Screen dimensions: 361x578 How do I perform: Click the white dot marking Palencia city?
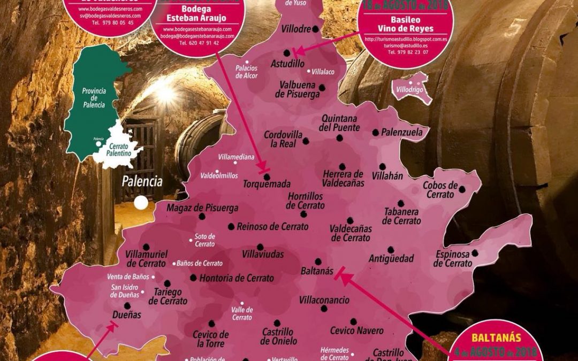tap(141, 203)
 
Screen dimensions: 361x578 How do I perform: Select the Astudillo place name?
tap(287, 63)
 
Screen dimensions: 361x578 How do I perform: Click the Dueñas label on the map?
tap(127, 315)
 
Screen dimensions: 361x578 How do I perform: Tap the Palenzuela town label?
tap(401, 132)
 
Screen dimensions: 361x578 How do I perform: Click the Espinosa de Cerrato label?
tap(453, 259)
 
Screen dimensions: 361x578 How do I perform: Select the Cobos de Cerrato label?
tap(440, 190)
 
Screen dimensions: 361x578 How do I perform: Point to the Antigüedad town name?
tap(391, 259)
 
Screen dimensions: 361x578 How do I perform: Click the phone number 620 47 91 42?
tap(199, 43)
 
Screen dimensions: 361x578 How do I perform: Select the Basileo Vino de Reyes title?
tap(406, 24)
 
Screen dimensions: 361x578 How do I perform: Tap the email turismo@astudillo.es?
tap(406, 46)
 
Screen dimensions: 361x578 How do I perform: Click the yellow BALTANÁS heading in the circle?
tap(496, 338)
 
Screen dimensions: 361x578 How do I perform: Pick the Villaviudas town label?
tap(263, 255)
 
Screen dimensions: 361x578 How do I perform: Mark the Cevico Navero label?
tap(356, 331)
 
